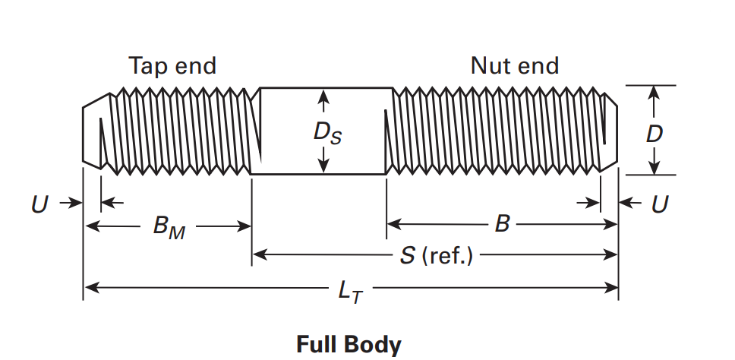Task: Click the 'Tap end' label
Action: [172, 66]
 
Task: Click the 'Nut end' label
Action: [514, 66]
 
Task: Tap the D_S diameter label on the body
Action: [328, 133]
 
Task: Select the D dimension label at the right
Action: [654, 134]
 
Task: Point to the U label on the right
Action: [661, 204]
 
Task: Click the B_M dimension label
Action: [169, 227]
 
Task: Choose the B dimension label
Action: [502, 225]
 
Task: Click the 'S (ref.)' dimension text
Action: [436, 256]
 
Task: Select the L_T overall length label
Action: [350, 289]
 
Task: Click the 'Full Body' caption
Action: [349, 344]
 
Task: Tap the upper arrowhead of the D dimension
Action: [652, 92]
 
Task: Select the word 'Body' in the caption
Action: [372, 345]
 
